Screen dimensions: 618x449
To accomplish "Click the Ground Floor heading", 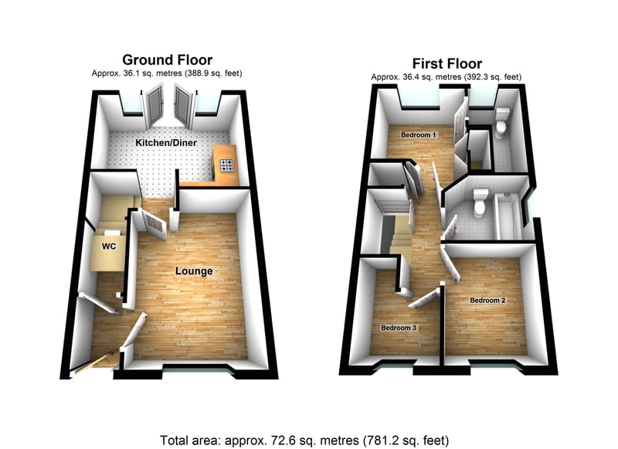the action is coord(167,60).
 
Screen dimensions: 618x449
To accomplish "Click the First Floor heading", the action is coord(447,63).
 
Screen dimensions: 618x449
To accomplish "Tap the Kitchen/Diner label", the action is coord(166,143).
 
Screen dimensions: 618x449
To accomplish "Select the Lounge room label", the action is coord(194,271).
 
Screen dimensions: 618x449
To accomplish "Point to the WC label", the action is coord(109,247).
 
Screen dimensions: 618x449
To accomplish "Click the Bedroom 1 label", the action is coord(419,135).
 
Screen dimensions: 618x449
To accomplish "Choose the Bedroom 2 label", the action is coord(487,301).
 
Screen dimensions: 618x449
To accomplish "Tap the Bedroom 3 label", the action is coord(399,328).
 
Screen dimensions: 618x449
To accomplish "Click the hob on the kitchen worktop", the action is coord(226,165).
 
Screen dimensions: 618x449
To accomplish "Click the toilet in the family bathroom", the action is coord(480,202).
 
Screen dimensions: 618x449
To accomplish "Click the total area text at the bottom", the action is coord(304,440).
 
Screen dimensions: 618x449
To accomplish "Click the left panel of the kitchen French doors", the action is coord(153,107).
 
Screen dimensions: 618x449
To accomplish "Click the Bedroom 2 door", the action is coord(450,263).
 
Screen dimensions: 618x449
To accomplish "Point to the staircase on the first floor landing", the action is coord(398,233).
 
